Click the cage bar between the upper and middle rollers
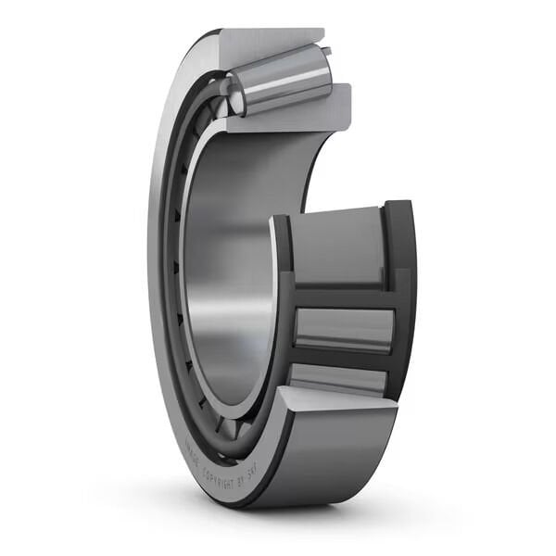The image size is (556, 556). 343,295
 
